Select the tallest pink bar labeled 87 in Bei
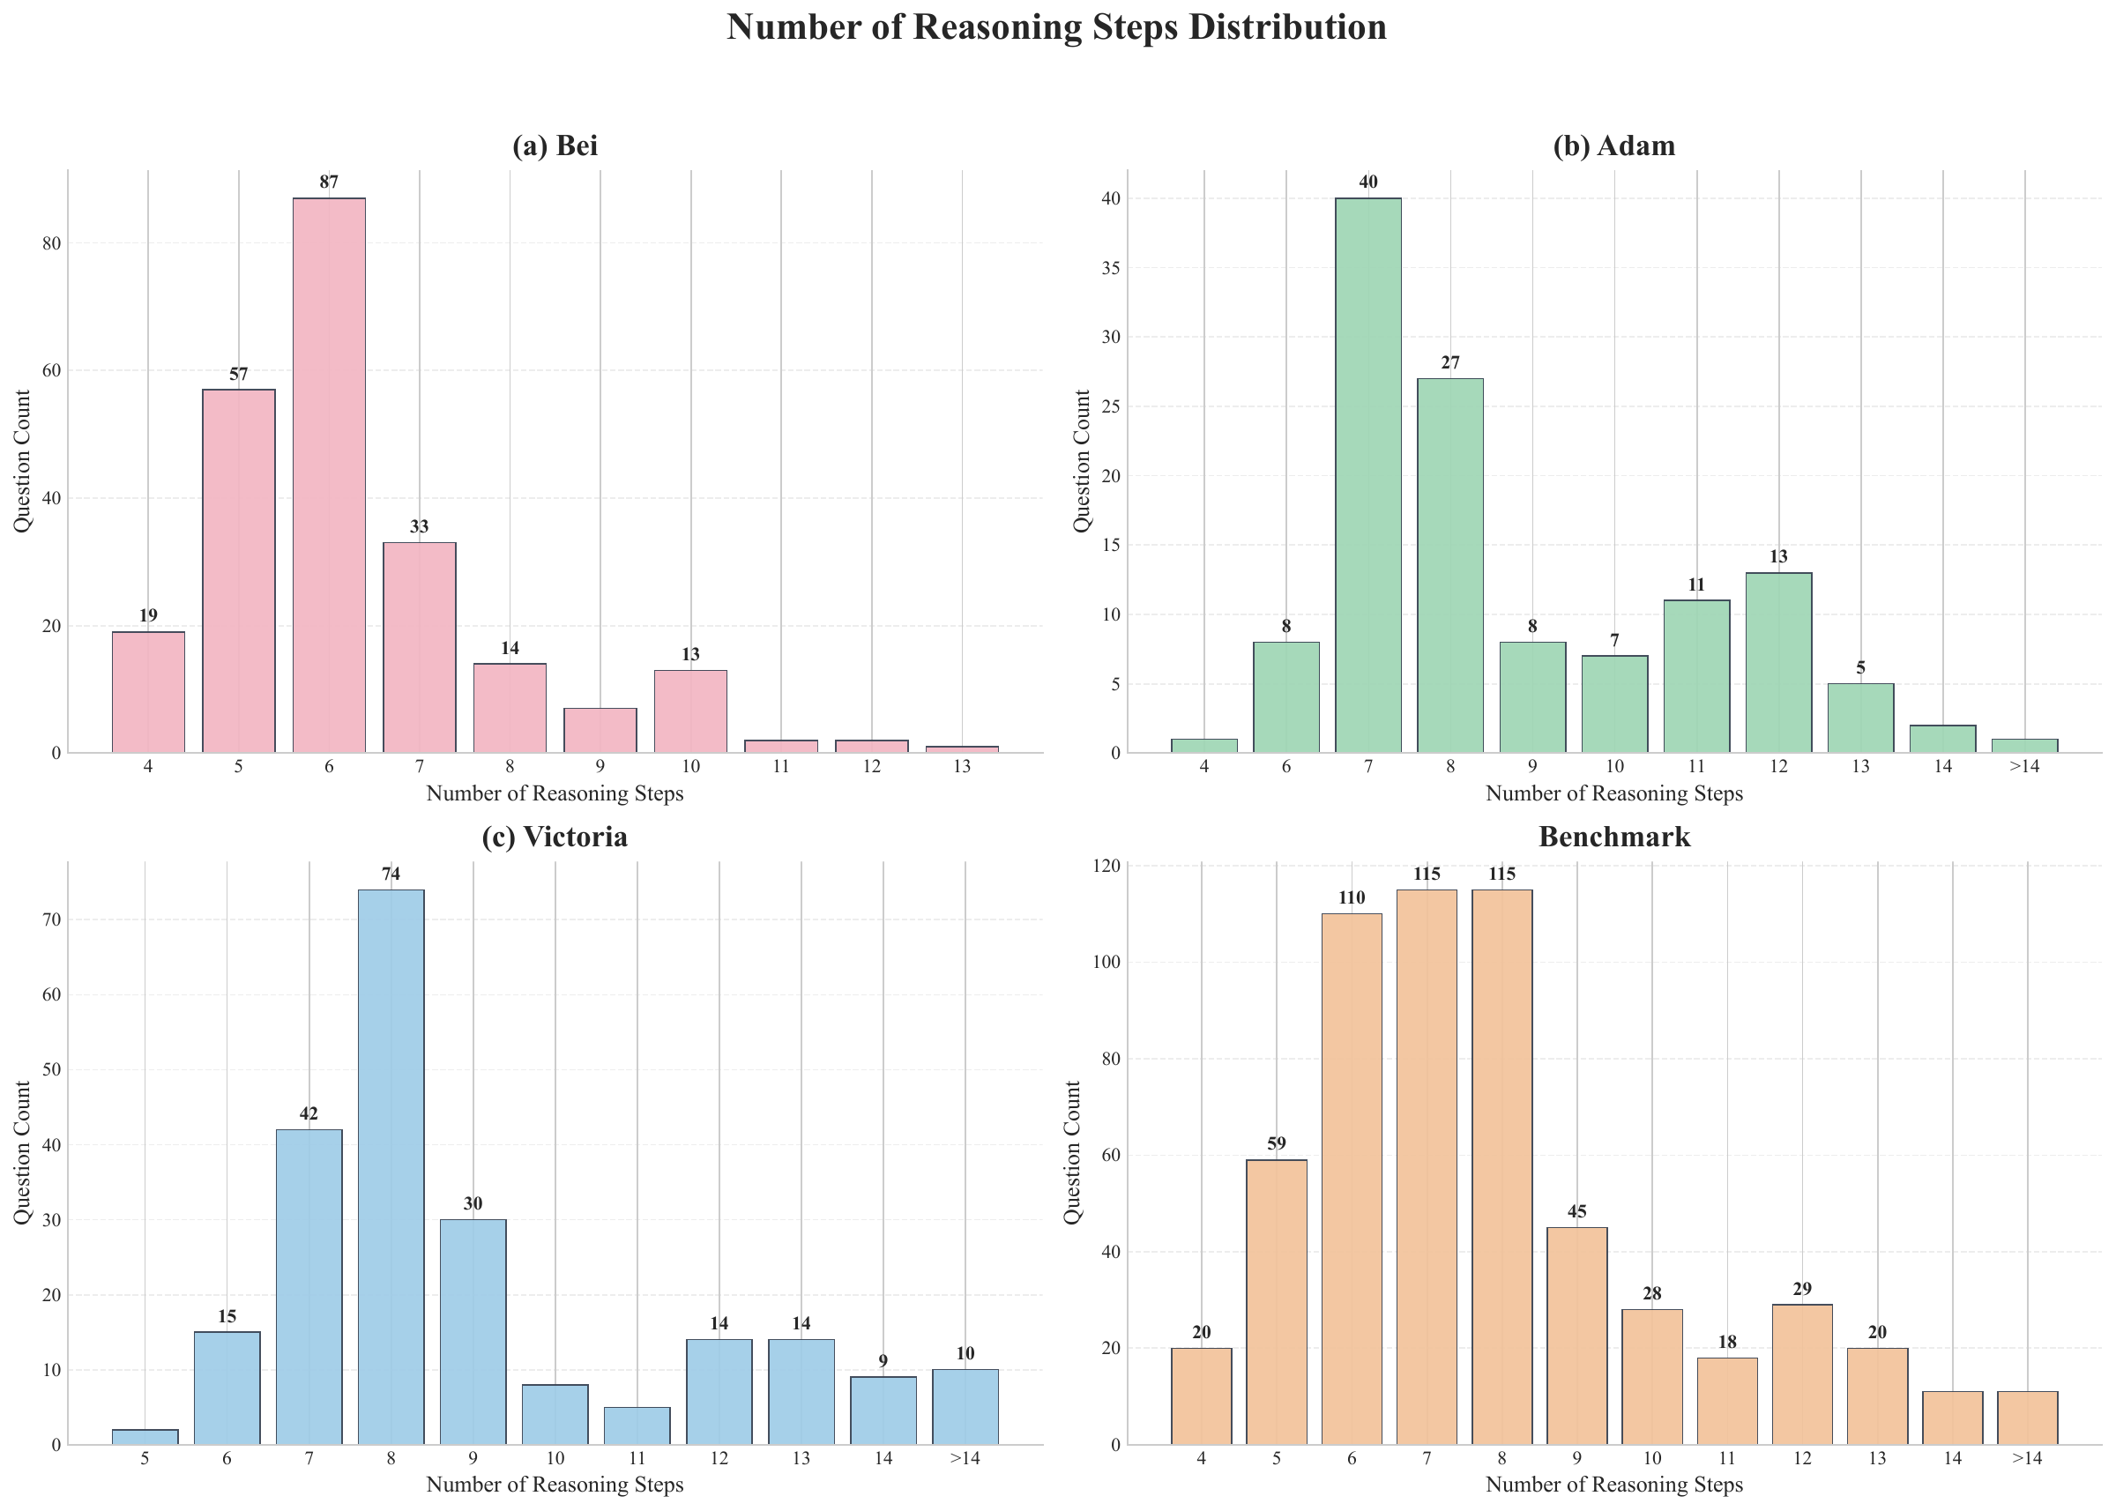click(x=329, y=474)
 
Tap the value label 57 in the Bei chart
click(x=238, y=375)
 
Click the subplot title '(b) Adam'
click(x=1613, y=146)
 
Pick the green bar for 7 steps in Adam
click(x=1367, y=474)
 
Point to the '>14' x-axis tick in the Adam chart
click(x=2024, y=767)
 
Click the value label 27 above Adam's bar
click(x=1449, y=364)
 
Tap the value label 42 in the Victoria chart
click(x=308, y=1113)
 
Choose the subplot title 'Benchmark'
click(x=1613, y=837)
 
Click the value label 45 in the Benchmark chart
click(x=1576, y=1212)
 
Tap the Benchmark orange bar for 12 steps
click(x=1801, y=1374)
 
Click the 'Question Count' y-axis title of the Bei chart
click(x=22, y=460)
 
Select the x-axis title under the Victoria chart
click(x=555, y=1485)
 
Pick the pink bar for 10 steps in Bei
click(x=690, y=711)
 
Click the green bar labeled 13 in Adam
click(x=1778, y=662)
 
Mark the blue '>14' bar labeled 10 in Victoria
click(x=965, y=1407)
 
